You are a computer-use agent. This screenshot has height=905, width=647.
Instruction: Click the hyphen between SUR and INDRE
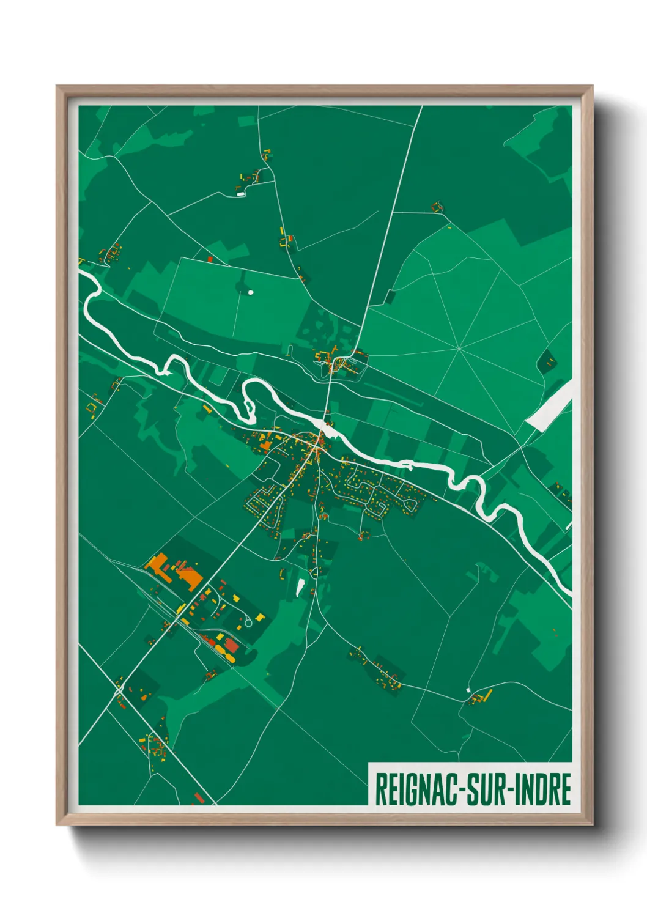511,789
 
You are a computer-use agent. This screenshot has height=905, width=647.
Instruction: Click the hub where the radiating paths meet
459,349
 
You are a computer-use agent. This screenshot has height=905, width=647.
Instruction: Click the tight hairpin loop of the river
248,401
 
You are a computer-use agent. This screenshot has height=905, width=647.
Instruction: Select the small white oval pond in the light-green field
250,292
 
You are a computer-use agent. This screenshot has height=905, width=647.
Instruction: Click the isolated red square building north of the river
210,259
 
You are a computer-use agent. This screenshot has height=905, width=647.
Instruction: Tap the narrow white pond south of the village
300,587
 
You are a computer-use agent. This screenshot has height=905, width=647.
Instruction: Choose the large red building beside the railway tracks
232,644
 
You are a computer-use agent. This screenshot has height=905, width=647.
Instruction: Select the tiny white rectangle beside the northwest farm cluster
240,194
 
